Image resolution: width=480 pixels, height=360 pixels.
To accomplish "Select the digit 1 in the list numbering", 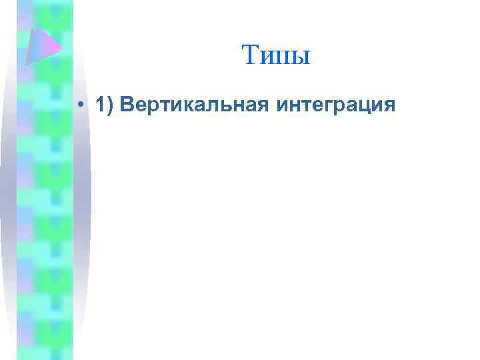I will point(100,105).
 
